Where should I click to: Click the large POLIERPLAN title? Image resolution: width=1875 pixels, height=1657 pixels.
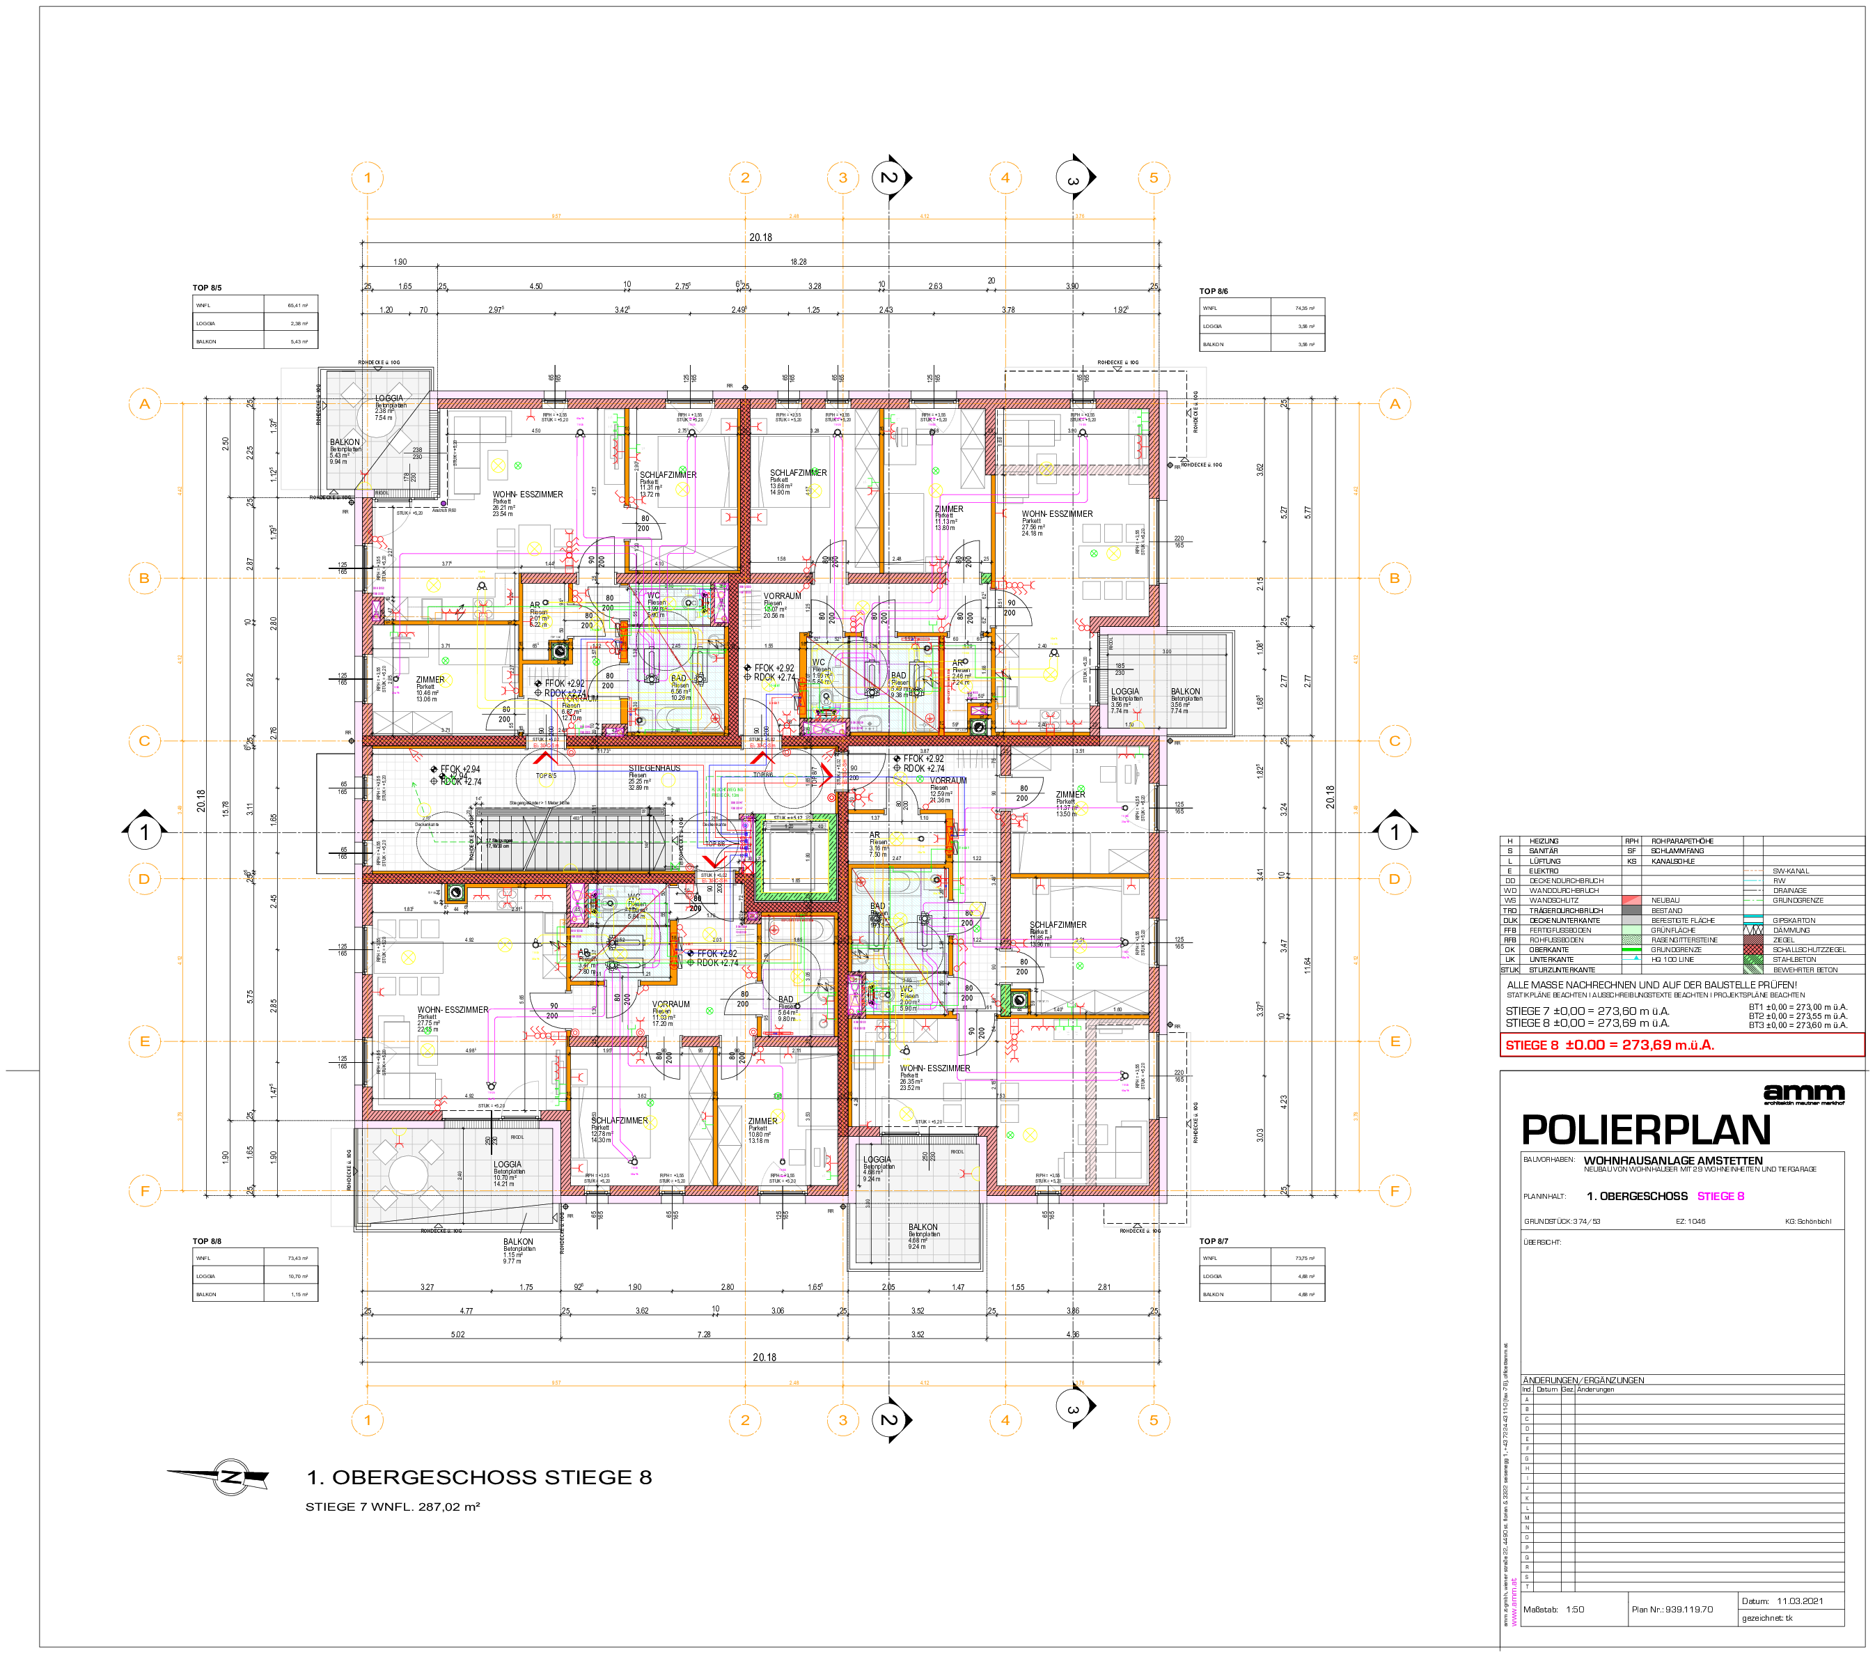coord(1646,1130)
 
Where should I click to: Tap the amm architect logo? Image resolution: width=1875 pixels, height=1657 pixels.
coord(1803,1092)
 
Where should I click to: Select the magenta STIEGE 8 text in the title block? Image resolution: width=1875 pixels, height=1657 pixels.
coord(1721,1197)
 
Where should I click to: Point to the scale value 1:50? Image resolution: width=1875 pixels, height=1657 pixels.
coord(1575,1610)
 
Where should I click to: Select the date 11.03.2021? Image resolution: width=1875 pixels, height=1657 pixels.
coord(1800,1601)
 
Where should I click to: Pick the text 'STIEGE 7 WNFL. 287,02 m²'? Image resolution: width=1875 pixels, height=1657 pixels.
coord(393,1507)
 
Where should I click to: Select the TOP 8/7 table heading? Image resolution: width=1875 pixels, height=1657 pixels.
coord(1214,1241)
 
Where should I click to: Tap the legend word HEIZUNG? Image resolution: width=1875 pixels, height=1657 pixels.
coord(1544,841)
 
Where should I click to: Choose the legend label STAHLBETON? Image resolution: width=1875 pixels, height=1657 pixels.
coord(1794,960)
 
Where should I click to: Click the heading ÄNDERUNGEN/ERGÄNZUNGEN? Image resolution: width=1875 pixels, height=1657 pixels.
coord(1583,1380)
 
